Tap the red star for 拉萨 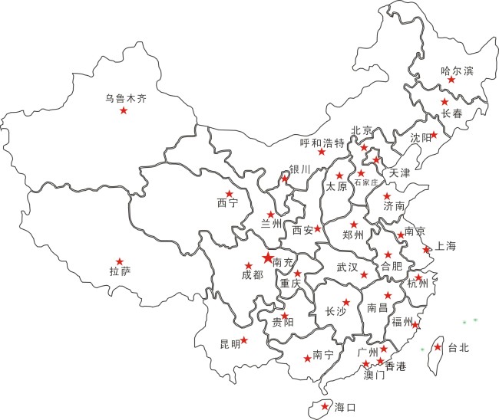(x=119, y=262)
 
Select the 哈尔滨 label (x=458, y=71)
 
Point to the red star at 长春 (x=444, y=102)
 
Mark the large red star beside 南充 (x=267, y=258)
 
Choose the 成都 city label (x=252, y=275)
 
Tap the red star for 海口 (x=326, y=406)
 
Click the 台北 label (x=458, y=348)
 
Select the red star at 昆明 (x=244, y=340)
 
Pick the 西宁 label (x=228, y=204)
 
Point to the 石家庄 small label (x=367, y=184)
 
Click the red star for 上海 (x=427, y=250)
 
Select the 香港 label (x=395, y=366)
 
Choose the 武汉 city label (x=348, y=267)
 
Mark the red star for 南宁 (x=308, y=359)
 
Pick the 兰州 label (x=272, y=223)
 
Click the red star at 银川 (x=285, y=179)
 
